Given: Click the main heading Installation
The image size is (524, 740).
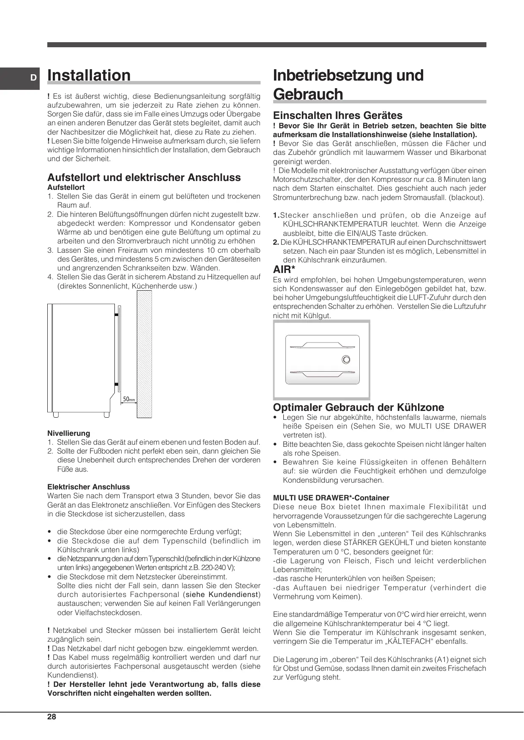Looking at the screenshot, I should [x=89, y=76].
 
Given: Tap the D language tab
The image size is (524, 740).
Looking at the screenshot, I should [x=32, y=78].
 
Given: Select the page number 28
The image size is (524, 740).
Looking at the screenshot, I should [x=52, y=717].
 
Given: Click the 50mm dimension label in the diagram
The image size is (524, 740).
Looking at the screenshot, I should [x=128, y=399].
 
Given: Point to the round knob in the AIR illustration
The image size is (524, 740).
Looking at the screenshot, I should [x=346, y=360].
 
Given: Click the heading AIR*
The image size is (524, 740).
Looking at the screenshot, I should [x=284, y=270].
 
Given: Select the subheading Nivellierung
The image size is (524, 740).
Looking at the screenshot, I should [x=69, y=433].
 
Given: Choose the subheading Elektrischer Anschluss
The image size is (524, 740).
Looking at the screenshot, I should [x=89, y=487].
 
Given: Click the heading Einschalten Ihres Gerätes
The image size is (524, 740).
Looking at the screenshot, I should [x=338, y=116].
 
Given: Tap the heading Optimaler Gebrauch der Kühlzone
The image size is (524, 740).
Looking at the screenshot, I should [x=358, y=408].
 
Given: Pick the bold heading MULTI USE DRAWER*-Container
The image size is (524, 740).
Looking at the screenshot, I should [x=331, y=498].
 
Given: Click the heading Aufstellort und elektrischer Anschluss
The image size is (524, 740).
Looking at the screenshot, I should [x=144, y=178].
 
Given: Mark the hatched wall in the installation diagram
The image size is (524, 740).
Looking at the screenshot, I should [x=144, y=354].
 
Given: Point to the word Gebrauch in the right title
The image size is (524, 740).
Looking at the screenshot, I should [x=308, y=94].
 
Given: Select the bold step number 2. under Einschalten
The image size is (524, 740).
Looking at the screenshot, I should [x=276, y=242].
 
